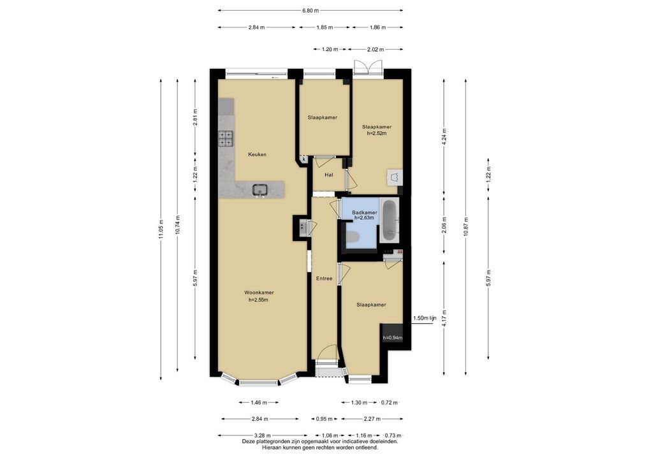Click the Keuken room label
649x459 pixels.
(x=257, y=154)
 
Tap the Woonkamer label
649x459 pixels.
(x=259, y=293)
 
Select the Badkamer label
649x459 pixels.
(x=364, y=213)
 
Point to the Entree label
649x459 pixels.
(x=324, y=279)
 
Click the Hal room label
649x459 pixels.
(x=328, y=175)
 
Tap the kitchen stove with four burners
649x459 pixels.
(x=226, y=138)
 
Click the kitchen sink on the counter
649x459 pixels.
(x=260, y=190)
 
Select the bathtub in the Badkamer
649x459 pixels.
(x=389, y=221)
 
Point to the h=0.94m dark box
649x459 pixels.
(x=392, y=337)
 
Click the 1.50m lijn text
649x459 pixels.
(x=425, y=318)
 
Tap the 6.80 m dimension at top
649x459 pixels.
(x=310, y=11)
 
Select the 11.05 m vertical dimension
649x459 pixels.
(x=161, y=229)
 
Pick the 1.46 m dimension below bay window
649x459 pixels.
(x=259, y=402)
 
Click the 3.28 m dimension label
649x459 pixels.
(x=263, y=435)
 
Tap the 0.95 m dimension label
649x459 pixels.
(x=324, y=419)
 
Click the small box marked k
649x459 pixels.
(x=304, y=159)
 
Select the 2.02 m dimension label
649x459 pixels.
(x=376, y=49)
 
